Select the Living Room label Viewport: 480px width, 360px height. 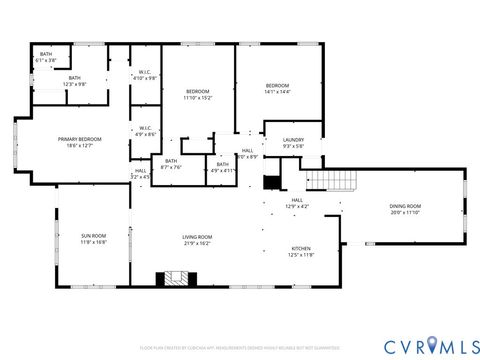point(197,237)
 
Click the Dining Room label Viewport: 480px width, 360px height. point(405,206)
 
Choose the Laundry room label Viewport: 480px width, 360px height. point(293,140)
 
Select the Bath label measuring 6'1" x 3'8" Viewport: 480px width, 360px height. point(46,54)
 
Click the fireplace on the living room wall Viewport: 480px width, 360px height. point(165,280)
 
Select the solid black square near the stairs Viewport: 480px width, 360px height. point(269,183)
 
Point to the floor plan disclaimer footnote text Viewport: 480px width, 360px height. point(240,347)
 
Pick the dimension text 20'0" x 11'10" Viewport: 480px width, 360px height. point(405,212)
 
